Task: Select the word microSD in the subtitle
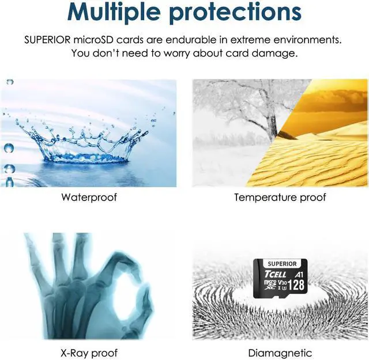103,40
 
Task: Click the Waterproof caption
89,198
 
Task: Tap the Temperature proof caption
280,198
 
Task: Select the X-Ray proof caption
89,353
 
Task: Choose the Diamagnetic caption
280,353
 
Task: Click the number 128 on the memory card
296,283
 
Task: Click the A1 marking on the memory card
299,274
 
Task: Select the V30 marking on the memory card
283,283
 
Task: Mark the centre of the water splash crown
81,144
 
